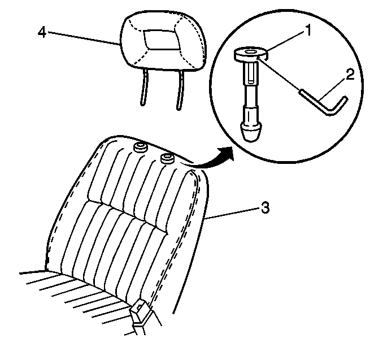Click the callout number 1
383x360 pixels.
coord(308,31)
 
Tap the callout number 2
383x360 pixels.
coord(350,74)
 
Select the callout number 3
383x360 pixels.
coord(265,208)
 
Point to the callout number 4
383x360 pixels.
coord(42,32)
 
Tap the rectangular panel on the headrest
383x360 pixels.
coord(162,40)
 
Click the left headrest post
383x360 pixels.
coord(144,87)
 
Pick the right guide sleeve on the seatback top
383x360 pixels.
coord(167,158)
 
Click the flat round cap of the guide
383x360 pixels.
coord(251,54)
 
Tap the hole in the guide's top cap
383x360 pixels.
coord(250,51)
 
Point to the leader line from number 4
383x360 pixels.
coord(83,38)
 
